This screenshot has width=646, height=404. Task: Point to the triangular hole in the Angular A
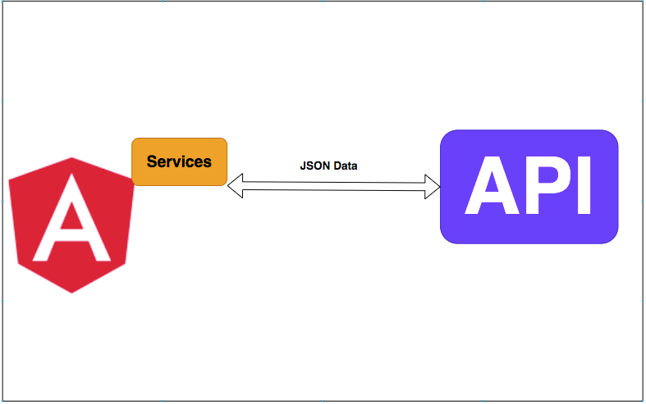(x=71, y=221)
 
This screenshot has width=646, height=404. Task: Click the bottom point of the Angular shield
(x=72, y=292)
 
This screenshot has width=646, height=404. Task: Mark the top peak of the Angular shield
(x=72, y=157)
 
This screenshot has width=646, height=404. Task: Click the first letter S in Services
(x=152, y=161)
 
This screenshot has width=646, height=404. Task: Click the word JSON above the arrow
(x=315, y=166)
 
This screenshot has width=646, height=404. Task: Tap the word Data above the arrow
(x=345, y=166)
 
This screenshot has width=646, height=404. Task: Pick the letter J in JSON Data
(x=303, y=166)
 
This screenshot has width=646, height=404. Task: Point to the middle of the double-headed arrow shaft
(x=334, y=187)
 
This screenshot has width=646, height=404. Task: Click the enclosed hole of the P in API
(x=552, y=174)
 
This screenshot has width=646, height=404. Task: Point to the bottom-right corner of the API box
(x=612, y=238)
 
